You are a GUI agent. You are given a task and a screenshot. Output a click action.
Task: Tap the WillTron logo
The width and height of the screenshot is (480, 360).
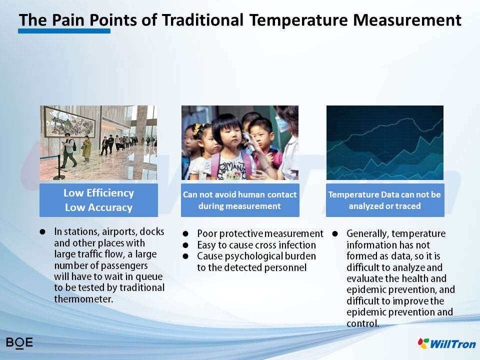(x=447, y=343)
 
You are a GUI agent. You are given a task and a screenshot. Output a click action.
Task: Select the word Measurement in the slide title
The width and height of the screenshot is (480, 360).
(x=407, y=20)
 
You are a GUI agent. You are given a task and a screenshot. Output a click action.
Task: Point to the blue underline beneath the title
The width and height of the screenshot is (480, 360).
(x=64, y=31)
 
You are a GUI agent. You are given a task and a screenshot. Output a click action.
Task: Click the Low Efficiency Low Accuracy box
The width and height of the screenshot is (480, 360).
(x=98, y=200)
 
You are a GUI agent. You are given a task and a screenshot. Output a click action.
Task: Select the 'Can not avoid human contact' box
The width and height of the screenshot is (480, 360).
(x=240, y=200)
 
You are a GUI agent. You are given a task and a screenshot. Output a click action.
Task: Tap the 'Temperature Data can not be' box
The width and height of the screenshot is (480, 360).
(x=385, y=200)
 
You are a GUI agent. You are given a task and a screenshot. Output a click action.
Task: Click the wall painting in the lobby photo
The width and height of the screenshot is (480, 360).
(x=69, y=122)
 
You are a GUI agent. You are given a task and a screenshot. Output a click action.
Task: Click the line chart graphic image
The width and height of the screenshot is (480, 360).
(x=385, y=142)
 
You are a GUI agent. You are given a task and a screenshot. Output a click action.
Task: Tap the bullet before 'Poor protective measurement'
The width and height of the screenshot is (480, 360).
(x=185, y=234)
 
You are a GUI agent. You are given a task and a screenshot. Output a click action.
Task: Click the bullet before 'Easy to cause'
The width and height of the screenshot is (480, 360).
(x=185, y=245)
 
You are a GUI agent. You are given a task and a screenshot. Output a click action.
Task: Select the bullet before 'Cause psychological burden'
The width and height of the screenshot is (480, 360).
(x=185, y=256)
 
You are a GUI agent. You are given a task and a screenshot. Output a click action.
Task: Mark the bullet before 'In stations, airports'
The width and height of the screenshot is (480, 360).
(x=42, y=231)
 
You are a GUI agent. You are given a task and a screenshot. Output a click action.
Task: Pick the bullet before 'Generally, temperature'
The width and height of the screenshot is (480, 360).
(x=335, y=234)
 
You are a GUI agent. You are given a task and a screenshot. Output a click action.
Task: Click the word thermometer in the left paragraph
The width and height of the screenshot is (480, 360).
(x=83, y=299)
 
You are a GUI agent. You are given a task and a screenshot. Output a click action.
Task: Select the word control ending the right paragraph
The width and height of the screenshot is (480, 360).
(x=363, y=323)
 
